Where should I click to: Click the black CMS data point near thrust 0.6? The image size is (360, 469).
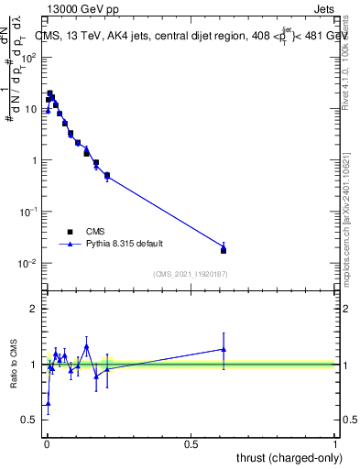point(224,250)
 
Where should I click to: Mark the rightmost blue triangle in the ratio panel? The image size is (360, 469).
point(224,349)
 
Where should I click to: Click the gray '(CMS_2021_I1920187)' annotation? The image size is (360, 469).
point(191,274)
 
